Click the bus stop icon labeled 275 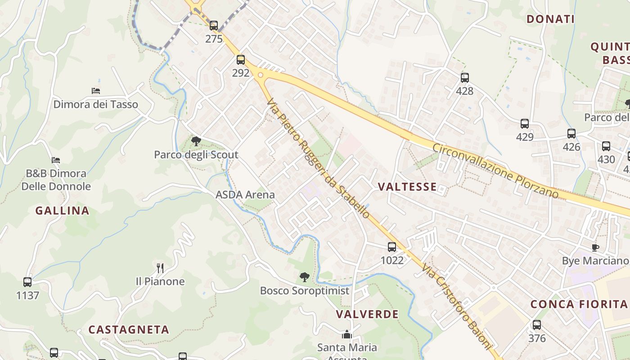(214, 26)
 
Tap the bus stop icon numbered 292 (241, 59)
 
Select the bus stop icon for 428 (465, 77)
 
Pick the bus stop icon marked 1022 (392, 247)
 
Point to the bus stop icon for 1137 (27, 282)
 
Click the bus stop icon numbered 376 (537, 324)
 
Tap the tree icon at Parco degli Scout (196, 141)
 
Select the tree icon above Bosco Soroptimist (305, 277)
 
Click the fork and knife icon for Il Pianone (160, 268)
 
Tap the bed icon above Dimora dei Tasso (96, 91)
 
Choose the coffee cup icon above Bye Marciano (595, 247)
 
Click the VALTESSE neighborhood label (407, 187)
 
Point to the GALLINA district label (62, 211)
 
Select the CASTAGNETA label (129, 329)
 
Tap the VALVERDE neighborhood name (367, 314)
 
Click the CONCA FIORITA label (579, 304)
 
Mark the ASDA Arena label (245, 195)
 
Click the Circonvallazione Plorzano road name (495, 171)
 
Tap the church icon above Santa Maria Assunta (347, 334)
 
